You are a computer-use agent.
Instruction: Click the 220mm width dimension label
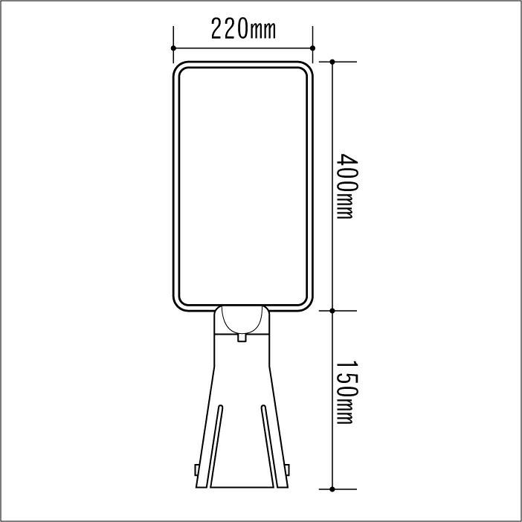pyautogui.click(x=243, y=29)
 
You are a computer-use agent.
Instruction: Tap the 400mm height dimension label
pyautogui.click(x=347, y=186)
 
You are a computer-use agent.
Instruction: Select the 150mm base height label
pyautogui.click(x=347, y=392)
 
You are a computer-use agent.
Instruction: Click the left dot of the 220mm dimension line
pyautogui.click(x=173, y=48)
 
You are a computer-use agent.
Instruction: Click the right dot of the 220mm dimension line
pyautogui.click(x=312, y=48)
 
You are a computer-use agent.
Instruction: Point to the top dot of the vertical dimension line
pyautogui.click(x=332, y=62)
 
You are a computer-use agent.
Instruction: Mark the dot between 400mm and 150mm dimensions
pyautogui.click(x=332, y=311)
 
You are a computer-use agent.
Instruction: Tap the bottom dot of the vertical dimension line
pyautogui.click(x=332, y=489)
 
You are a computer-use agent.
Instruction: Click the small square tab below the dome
pyautogui.click(x=242, y=338)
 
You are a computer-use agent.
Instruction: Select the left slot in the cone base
pyautogui.click(x=216, y=446)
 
